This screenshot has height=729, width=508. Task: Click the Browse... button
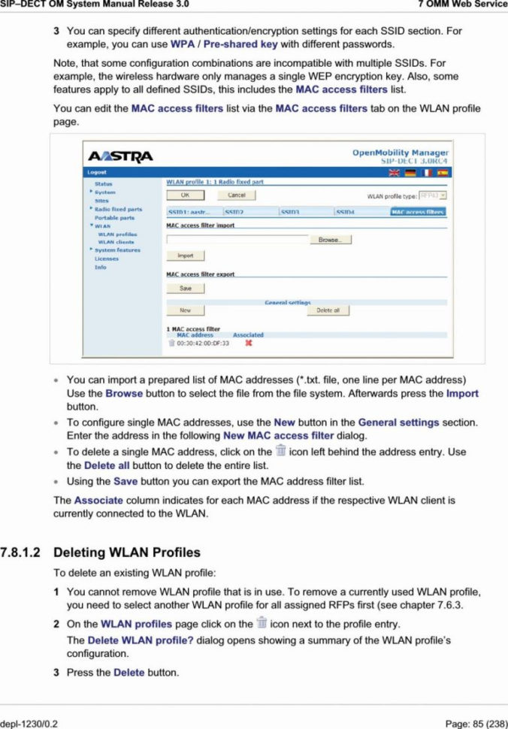[331, 240]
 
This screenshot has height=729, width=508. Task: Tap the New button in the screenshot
[185, 310]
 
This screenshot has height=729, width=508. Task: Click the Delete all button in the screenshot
[328, 310]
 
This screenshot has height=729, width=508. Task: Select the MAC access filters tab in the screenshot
[418, 213]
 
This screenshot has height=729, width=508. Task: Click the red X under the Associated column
[248, 343]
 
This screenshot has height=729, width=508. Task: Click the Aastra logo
[121, 156]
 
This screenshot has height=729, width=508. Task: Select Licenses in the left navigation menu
[106, 259]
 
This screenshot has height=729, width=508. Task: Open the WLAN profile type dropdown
[433, 195]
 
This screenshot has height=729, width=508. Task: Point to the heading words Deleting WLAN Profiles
[127, 552]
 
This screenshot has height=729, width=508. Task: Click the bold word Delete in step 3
[129, 672]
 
